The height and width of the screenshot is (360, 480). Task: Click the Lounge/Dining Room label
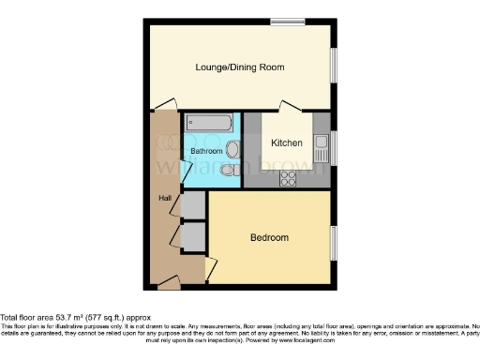click(239, 67)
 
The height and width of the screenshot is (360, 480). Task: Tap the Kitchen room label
click(286, 143)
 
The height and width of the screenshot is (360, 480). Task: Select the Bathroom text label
click(206, 151)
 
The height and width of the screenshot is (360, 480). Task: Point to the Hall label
click(164, 198)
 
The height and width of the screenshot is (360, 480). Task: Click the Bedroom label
click(269, 237)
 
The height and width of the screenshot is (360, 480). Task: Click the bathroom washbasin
click(232, 147)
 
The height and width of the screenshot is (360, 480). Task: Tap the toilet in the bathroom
click(230, 170)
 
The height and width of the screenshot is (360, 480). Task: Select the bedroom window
click(334, 243)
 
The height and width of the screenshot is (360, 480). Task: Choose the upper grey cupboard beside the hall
click(194, 204)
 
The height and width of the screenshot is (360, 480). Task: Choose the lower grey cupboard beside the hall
click(194, 236)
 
